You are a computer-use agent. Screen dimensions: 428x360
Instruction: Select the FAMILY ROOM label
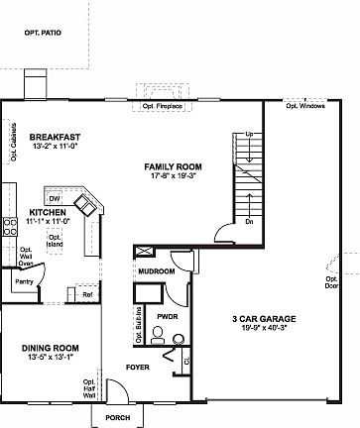tap(173, 166)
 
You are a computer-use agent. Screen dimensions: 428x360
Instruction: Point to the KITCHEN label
tap(48, 212)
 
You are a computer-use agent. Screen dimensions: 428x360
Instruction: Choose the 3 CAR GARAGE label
tap(265, 319)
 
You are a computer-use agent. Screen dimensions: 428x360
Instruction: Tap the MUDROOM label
tap(157, 270)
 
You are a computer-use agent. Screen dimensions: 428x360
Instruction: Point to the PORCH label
tap(118, 417)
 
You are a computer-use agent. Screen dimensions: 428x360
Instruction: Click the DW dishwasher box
tap(56, 198)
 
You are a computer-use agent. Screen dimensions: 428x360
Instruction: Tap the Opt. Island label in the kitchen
tap(56, 241)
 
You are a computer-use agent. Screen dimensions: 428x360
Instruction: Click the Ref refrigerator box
tap(87, 294)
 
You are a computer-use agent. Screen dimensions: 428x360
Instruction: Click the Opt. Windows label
tap(304, 105)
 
